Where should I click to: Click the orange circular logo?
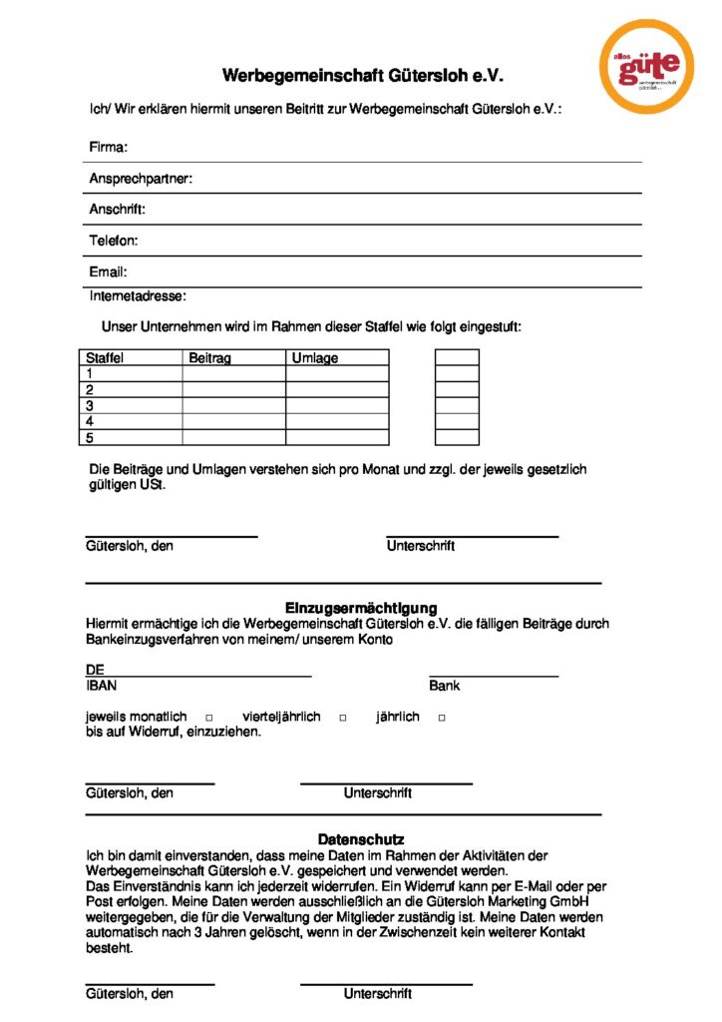click(646, 66)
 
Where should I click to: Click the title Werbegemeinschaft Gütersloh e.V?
click(363, 75)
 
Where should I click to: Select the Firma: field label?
click(109, 148)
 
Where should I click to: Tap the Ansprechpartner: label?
click(141, 179)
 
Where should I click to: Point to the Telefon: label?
click(114, 241)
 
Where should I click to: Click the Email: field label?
click(109, 271)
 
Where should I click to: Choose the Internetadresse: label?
click(138, 295)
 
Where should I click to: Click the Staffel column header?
click(105, 358)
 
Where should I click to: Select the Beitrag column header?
click(209, 358)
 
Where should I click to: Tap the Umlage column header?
click(314, 358)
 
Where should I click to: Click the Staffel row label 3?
click(90, 406)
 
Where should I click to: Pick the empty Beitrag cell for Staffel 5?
click(233, 437)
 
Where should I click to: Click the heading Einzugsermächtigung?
click(361, 608)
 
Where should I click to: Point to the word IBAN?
click(101, 686)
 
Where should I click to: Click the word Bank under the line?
click(445, 686)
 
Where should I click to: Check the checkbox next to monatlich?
click(209, 719)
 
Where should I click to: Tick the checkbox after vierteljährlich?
click(342, 719)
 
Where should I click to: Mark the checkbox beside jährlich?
click(441, 719)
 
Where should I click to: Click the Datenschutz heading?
click(361, 839)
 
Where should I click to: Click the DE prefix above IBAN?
click(95, 671)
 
